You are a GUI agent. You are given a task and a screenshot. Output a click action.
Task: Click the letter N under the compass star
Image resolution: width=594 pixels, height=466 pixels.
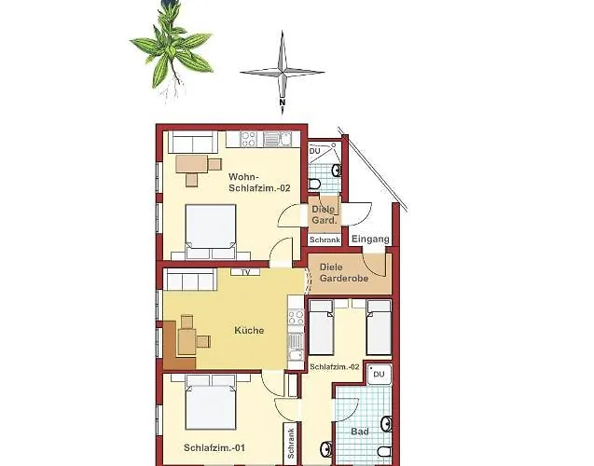tap(283, 103)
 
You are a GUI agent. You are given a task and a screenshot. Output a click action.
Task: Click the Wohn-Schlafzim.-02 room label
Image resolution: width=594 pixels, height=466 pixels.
tap(259, 183)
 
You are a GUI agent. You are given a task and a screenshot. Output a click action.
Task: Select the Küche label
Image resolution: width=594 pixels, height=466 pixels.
tap(249, 330)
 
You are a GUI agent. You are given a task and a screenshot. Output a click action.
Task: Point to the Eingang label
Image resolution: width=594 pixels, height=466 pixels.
tap(370, 240)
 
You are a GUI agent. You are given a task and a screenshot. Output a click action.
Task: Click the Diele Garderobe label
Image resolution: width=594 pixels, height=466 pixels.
tap(344, 272)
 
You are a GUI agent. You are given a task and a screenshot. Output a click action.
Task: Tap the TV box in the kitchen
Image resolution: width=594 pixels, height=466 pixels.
tap(245, 272)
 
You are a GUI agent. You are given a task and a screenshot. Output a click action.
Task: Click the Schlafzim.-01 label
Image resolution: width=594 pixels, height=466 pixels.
tap(214, 448)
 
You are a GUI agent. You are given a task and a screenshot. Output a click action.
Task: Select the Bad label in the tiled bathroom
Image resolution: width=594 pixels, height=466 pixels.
tap(360, 432)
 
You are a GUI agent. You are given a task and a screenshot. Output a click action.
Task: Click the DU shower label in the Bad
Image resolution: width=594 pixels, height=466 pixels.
tap(379, 374)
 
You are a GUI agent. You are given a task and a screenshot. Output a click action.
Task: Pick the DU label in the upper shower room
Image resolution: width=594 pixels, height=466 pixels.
tap(315, 151)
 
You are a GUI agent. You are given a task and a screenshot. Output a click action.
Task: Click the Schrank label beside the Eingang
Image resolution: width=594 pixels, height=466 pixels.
tap(325, 240)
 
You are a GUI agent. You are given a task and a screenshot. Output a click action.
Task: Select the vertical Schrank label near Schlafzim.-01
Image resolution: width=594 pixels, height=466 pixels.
tap(291, 444)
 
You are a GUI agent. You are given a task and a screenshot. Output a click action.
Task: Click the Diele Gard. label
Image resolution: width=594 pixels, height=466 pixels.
tap(324, 214)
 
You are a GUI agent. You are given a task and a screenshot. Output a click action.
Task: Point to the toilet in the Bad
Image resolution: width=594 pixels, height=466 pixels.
tap(384, 452)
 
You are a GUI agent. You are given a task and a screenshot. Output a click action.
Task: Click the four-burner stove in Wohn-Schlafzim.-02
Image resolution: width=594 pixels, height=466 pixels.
tap(249, 139)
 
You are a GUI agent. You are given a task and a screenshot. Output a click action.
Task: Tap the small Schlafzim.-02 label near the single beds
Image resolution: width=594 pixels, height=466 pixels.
tap(335, 367)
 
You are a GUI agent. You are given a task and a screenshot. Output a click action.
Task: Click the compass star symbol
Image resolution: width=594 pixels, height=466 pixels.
tap(283, 72)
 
